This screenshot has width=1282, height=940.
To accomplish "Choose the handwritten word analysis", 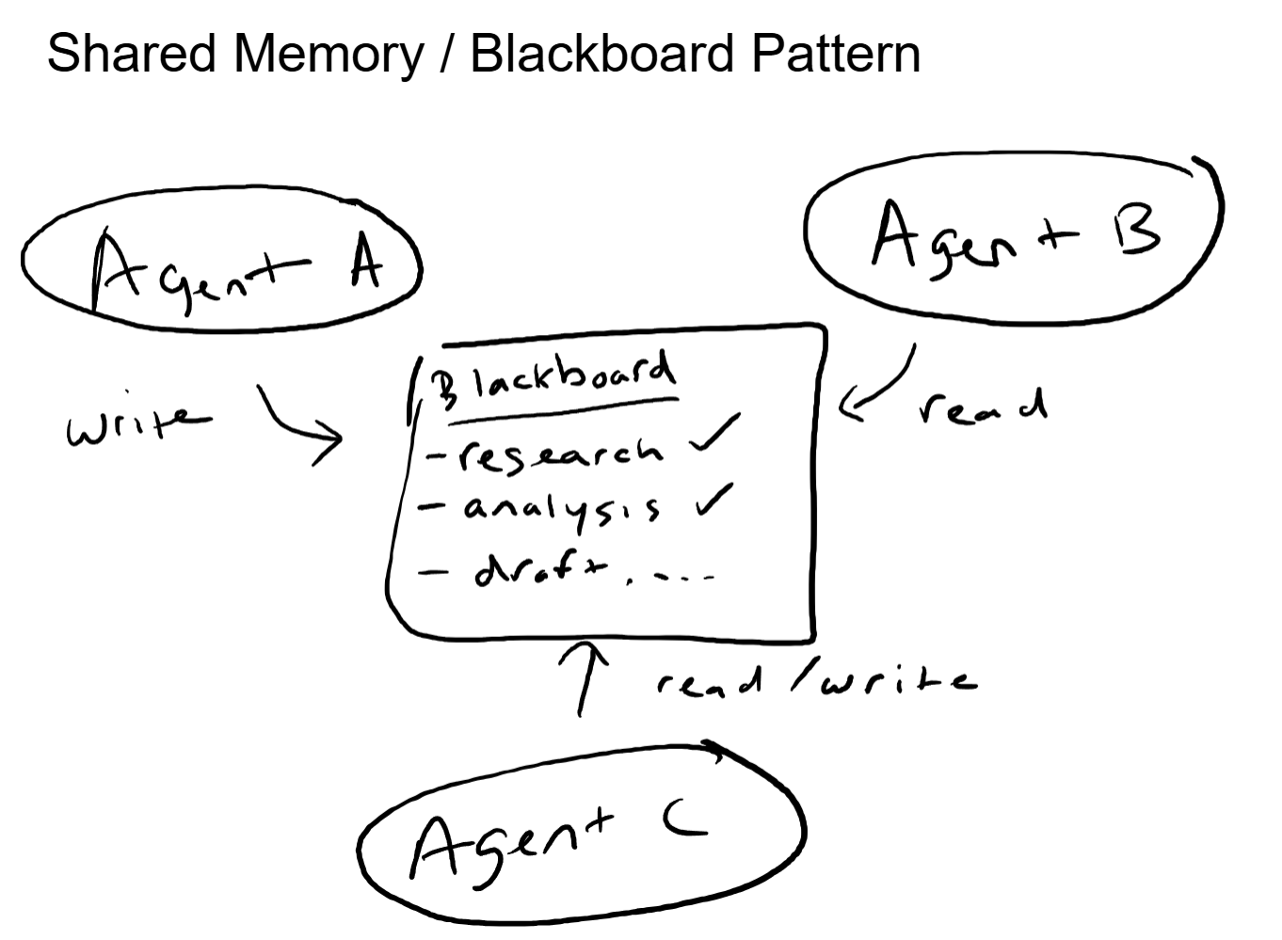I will (561, 509).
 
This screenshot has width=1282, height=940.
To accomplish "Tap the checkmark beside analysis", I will (714, 500).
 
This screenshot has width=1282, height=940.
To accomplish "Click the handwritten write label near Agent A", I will (137, 426).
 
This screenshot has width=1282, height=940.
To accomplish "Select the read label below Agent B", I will (982, 406).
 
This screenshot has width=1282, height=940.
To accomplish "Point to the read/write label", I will (815, 680).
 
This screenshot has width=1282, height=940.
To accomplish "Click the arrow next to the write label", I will (298, 424).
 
